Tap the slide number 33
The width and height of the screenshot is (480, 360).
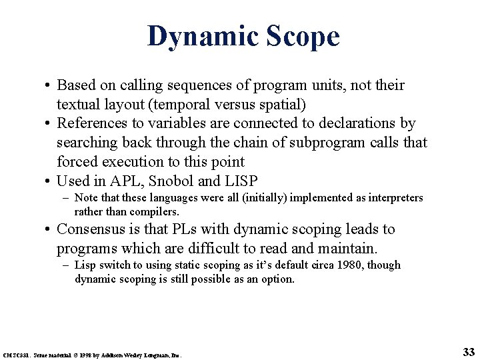467,351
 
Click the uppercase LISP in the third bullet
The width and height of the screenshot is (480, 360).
240,181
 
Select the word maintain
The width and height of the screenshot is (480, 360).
347,249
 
